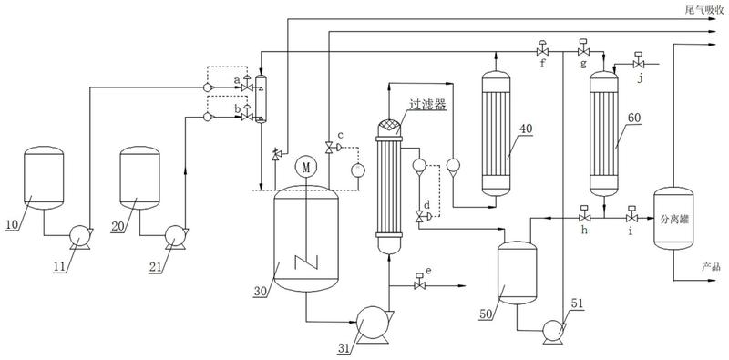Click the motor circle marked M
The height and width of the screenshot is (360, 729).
(306, 167)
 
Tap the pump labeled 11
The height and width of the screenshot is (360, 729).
(79, 236)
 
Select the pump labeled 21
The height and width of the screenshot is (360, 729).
(175, 236)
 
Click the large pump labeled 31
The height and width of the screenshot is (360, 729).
(373, 324)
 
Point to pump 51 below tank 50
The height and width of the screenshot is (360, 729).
(553, 331)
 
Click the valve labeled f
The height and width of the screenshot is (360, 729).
(542, 49)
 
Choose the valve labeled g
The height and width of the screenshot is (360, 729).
(583, 49)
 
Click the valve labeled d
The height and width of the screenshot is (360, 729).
(421, 216)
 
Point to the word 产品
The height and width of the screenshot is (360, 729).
(712, 266)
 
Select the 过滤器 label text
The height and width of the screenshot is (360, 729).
(427, 105)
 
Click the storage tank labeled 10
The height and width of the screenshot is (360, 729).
(44, 178)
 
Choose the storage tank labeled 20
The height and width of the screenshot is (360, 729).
(140, 178)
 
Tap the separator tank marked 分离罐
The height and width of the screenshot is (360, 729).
(673, 218)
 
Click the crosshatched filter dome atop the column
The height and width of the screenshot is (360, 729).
(389, 127)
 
